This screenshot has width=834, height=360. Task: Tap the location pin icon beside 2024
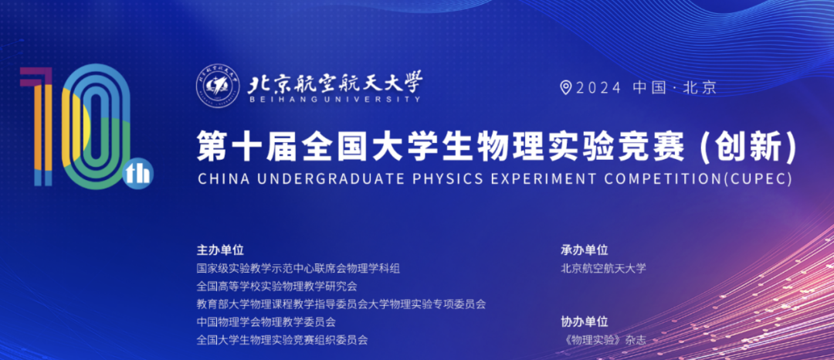click(567, 87)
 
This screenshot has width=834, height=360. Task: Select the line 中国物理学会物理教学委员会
click(266, 321)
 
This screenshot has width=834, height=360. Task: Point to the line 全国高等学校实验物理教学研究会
click(276, 286)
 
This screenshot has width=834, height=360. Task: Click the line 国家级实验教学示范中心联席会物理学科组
click(298, 268)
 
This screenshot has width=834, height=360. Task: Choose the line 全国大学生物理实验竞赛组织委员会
click(282, 340)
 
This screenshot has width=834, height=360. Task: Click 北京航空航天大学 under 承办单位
click(603, 268)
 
